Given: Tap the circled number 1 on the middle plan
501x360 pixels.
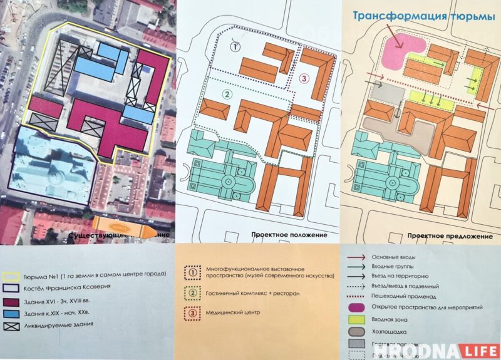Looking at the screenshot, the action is [235, 46].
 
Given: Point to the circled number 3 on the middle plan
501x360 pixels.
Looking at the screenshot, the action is [304, 79].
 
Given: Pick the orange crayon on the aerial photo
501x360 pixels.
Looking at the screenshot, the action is [120, 226].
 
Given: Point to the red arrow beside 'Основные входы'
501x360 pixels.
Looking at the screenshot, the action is [357, 257].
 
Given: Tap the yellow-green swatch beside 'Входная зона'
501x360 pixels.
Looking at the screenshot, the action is [357, 318].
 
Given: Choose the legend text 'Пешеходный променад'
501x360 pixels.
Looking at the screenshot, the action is [405, 294].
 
